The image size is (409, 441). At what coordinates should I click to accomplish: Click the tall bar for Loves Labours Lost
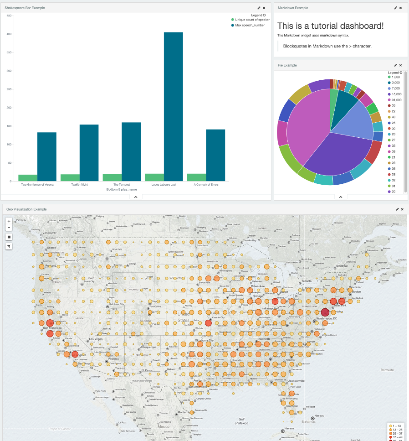pyautogui.click(x=173, y=107)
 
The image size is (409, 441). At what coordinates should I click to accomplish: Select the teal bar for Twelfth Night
pyautogui.click(x=89, y=153)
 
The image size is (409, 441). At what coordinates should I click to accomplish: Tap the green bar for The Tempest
pyautogui.click(x=112, y=177)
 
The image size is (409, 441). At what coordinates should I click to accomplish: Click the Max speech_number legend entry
pyautogui.click(x=250, y=25)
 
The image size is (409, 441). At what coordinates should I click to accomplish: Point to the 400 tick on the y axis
pyautogui.click(x=9, y=34)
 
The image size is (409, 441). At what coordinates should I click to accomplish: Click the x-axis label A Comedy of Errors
pyautogui.click(x=206, y=185)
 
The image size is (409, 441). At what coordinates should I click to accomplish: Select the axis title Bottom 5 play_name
pyautogui.click(x=123, y=189)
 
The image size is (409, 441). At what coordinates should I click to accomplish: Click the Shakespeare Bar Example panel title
pyautogui.click(x=25, y=8)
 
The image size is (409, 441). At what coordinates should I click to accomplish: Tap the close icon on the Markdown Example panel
pyautogui.click(x=401, y=8)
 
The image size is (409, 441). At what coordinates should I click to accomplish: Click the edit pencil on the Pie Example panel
pyautogui.click(x=395, y=65)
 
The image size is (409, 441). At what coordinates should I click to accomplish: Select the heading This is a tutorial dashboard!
pyautogui.click(x=330, y=26)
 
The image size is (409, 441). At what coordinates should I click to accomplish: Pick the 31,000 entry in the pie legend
pyautogui.click(x=395, y=99)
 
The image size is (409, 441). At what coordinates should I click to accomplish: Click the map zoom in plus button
pyautogui.click(x=9, y=221)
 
